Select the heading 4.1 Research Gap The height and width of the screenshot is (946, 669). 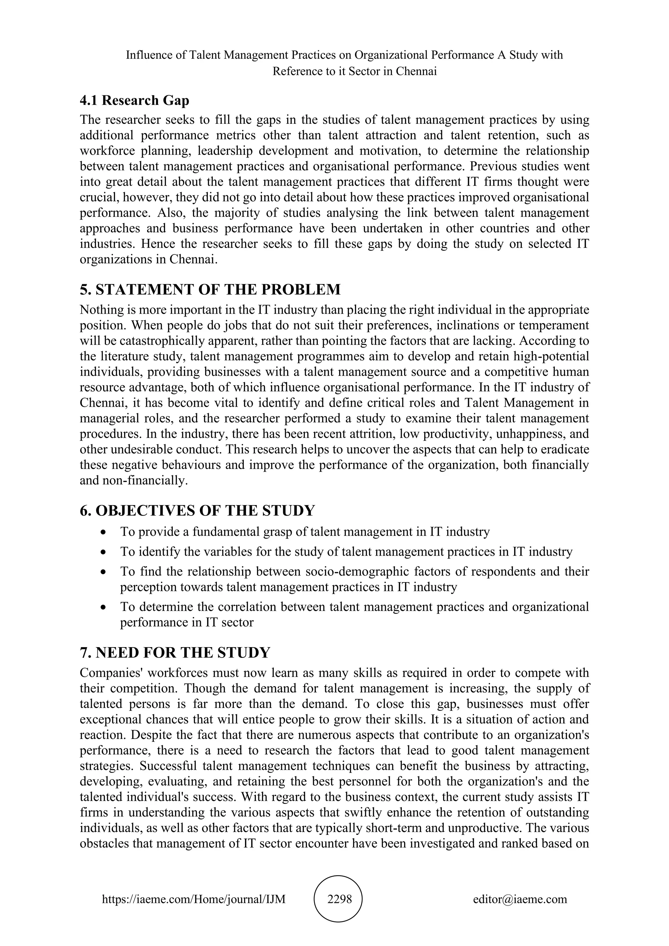(x=134, y=100)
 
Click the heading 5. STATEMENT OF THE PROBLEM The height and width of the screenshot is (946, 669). (x=210, y=290)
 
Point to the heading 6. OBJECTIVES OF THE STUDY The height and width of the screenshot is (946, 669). (x=197, y=511)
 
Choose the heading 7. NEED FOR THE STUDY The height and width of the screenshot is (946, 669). (x=175, y=653)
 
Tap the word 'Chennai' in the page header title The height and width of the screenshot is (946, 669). (x=416, y=71)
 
